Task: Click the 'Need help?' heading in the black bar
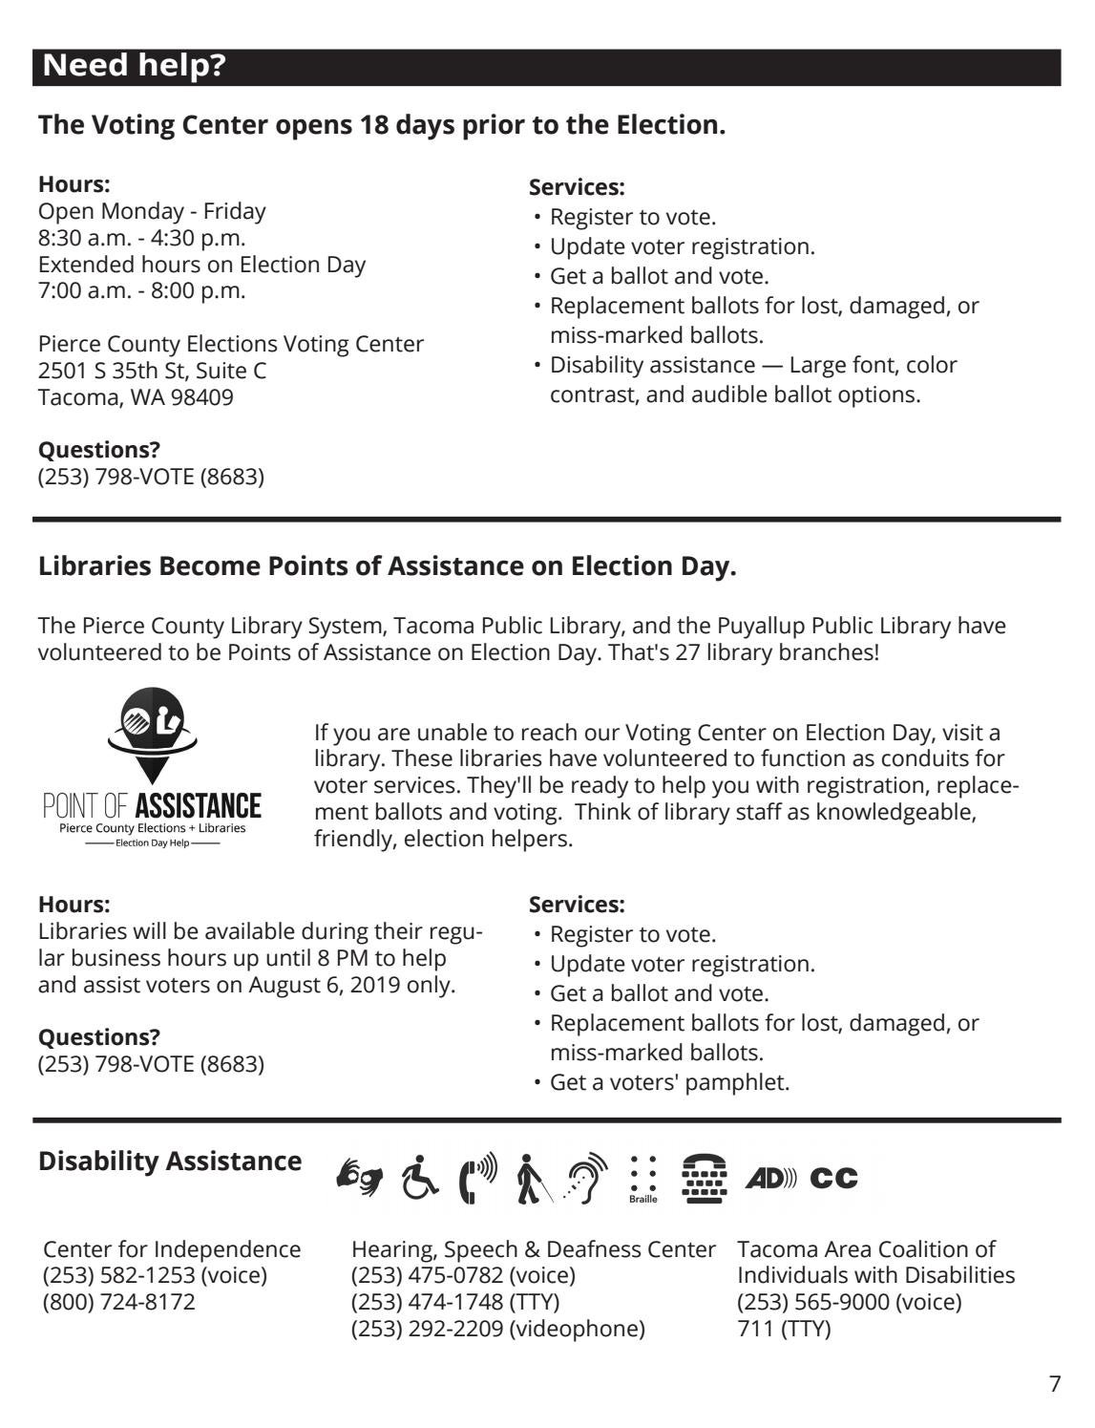click(x=135, y=66)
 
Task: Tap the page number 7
click(x=1054, y=1384)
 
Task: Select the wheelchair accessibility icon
click(x=419, y=1177)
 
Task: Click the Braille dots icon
click(x=642, y=1178)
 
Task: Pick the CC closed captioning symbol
click(x=833, y=1179)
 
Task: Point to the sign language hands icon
click(x=360, y=1177)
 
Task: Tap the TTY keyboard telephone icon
click(x=705, y=1178)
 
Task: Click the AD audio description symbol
click(x=770, y=1179)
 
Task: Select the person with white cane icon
click(x=531, y=1178)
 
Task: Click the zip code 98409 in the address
click(x=201, y=397)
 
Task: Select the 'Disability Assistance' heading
click(x=170, y=1162)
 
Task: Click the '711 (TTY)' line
click(x=784, y=1329)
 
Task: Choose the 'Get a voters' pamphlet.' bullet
click(x=669, y=1082)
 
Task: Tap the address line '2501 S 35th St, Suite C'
click(x=152, y=371)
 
